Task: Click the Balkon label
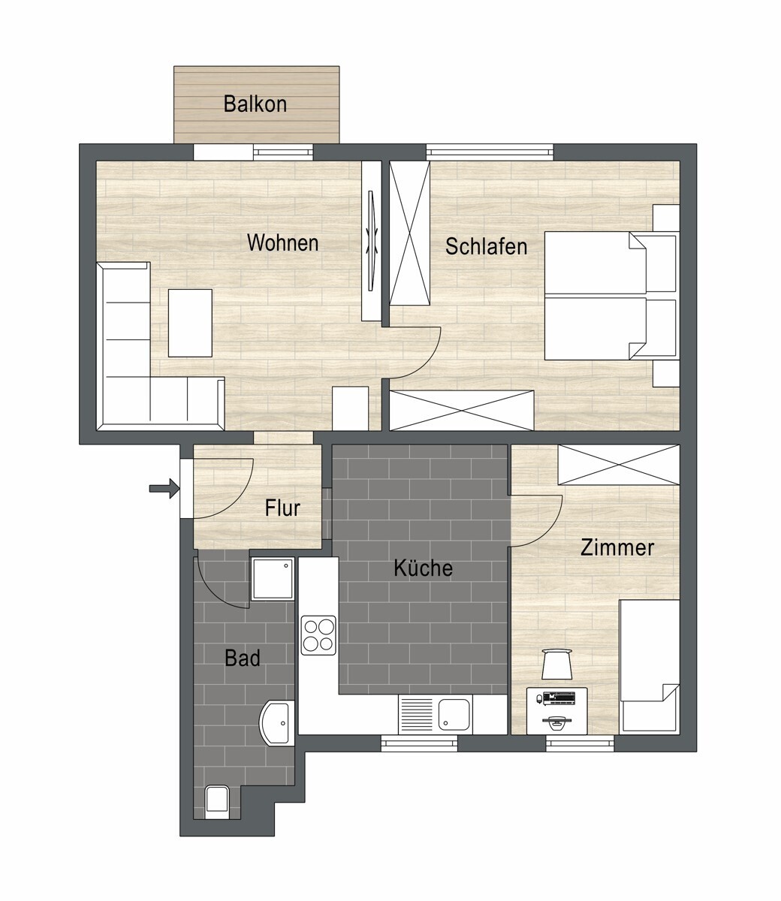(x=255, y=104)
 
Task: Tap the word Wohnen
(x=282, y=243)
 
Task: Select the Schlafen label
(x=486, y=246)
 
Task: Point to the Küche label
(x=423, y=568)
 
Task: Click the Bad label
(x=243, y=658)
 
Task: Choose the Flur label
(x=282, y=508)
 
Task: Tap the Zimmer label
(x=617, y=547)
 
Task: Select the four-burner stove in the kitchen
(x=318, y=634)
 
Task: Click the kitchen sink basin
(x=454, y=713)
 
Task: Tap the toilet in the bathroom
(x=216, y=800)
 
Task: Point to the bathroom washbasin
(x=277, y=723)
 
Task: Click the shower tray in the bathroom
(x=273, y=578)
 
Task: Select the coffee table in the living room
(x=190, y=323)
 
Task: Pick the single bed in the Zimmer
(x=649, y=664)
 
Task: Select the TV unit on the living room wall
(x=371, y=240)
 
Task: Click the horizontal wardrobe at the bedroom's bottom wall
(x=461, y=411)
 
